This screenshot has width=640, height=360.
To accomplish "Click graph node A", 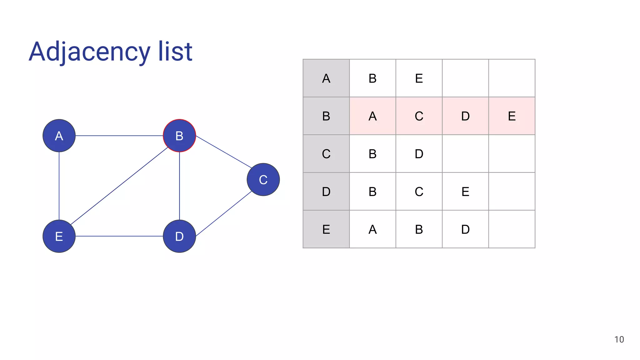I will [x=59, y=136].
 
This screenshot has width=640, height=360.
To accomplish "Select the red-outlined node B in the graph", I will [x=179, y=136].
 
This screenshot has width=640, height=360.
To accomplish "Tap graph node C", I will [x=263, y=180].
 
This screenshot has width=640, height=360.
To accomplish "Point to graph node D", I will [x=179, y=236].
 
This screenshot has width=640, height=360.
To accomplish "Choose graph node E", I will [x=59, y=236].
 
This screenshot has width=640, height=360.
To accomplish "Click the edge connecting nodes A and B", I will [x=119, y=136].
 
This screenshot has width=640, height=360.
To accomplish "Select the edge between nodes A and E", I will [x=59, y=186].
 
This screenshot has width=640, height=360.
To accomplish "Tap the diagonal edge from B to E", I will [x=119, y=186].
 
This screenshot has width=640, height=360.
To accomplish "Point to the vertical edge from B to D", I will [x=179, y=186].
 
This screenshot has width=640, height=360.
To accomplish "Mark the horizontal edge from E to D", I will [x=119, y=236].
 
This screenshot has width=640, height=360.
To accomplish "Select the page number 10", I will [x=619, y=340].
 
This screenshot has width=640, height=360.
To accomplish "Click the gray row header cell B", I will [x=326, y=116].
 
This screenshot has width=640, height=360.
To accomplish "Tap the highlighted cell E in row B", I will [x=512, y=116].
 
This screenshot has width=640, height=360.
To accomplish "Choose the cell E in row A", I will [x=419, y=78].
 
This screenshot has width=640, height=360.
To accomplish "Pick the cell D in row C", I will [x=419, y=154].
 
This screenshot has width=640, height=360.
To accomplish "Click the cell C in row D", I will [x=419, y=192].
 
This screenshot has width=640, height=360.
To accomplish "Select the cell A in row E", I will [x=372, y=229].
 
